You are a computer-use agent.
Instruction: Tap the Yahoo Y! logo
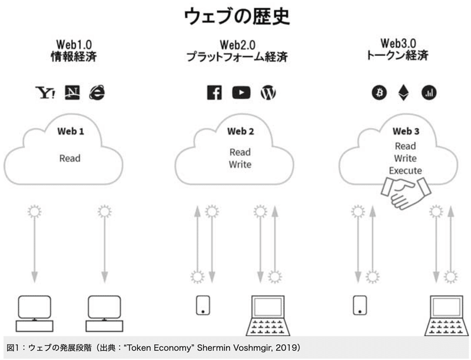pyautogui.click(x=45, y=93)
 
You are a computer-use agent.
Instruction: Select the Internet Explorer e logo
pyautogui.click(x=97, y=92)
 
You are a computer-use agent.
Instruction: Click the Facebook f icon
pyautogui.click(x=214, y=92)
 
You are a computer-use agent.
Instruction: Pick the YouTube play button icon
pyautogui.click(x=241, y=92)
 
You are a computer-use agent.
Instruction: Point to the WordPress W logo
pyautogui.click(x=268, y=92)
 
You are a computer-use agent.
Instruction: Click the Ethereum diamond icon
pyautogui.click(x=404, y=92)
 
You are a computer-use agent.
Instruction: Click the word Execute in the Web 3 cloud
pyautogui.click(x=405, y=171)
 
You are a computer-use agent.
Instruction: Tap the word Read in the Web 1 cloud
pyautogui.click(x=69, y=158)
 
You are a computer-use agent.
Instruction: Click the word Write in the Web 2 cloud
pyautogui.click(x=240, y=165)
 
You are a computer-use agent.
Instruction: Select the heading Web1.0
pyautogui.click(x=74, y=45)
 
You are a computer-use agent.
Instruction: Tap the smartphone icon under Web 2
pyautogui.click(x=203, y=304)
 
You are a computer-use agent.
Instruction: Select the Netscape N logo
pyautogui.click(x=72, y=92)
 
